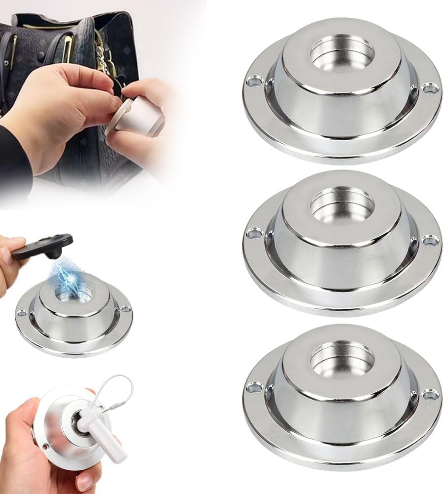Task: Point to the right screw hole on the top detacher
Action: tap(430, 88)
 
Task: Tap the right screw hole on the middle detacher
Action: tap(430, 241)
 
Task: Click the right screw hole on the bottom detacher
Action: tap(430, 394)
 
